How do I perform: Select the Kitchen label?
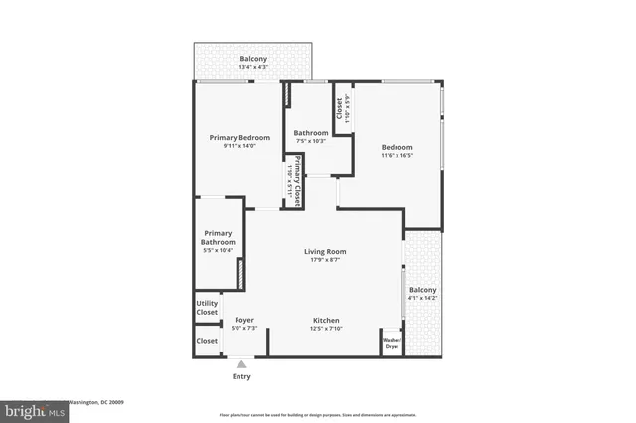pyautogui.click(x=327, y=320)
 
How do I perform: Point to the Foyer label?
pyautogui.click(x=244, y=320)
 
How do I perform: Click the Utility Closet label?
pyautogui.click(x=207, y=308)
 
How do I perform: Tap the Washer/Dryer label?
pyautogui.click(x=392, y=343)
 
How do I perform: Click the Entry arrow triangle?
pyautogui.click(x=241, y=365)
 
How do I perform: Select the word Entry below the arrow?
pyautogui.click(x=241, y=377)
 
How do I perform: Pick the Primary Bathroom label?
pyautogui.click(x=219, y=238)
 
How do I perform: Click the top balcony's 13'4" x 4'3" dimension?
pyautogui.click(x=253, y=68)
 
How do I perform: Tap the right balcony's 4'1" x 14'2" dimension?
pyautogui.click(x=422, y=298)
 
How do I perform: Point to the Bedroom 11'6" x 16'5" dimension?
pyautogui.click(x=397, y=155)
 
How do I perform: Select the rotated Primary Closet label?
pyautogui.click(x=295, y=180)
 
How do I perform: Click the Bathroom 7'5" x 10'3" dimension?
pyautogui.click(x=311, y=141)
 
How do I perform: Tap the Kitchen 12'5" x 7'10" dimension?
pyautogui.click(x=327, y=329)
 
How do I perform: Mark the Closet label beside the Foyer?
pyautogui.click(x=207, y=341)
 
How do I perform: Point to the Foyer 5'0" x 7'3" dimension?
pyautogui.click(x=244, y=329)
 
